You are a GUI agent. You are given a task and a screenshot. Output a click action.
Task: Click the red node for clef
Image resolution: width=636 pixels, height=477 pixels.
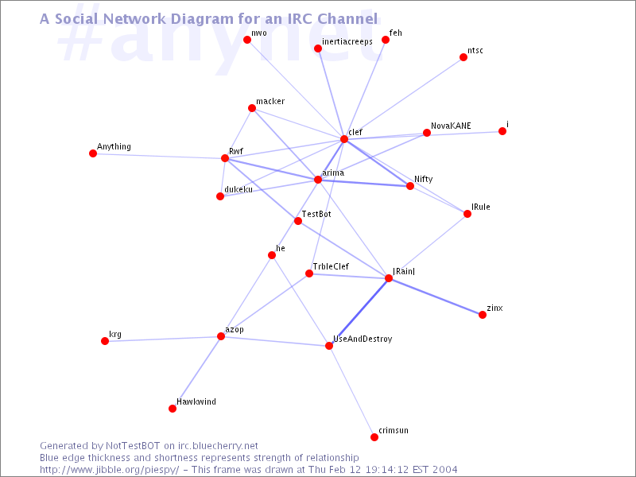tap(344, 139)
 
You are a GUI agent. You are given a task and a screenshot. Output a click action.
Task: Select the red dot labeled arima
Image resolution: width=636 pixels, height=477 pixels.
tap(317, 180)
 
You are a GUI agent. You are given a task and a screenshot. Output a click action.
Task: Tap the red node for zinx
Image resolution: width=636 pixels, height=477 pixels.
tap(483, 315)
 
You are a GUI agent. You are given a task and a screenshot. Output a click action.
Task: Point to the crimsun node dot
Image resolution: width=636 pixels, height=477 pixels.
tap(374, 437)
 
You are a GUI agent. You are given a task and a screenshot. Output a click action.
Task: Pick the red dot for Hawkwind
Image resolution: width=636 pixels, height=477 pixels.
tap(173, 409)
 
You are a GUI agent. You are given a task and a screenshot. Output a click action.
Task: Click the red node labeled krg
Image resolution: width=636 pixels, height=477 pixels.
tap(105, 341)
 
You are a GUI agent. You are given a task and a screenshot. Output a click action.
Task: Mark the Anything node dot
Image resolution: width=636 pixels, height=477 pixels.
tap(93, 153)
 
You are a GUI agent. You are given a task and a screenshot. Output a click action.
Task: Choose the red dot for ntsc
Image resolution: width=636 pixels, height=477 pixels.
tap(463, 57)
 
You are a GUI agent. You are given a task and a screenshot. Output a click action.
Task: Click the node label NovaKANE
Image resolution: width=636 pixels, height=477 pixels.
tap(451, 126)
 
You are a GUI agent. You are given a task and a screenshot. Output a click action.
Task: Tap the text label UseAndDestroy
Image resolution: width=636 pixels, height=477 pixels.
tap(363, 339)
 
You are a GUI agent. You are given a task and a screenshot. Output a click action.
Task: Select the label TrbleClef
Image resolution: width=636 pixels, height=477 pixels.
tap(331, 266)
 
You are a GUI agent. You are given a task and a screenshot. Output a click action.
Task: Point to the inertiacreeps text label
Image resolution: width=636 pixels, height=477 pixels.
tap(347, 42)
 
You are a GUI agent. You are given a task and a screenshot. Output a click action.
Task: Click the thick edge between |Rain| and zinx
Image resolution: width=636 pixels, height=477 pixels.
tap(436, 297)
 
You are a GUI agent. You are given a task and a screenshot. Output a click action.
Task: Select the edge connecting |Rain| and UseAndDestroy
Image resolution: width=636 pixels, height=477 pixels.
tap(359, 312)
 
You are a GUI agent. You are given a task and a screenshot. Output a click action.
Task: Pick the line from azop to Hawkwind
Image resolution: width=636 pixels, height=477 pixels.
tap(196, 372)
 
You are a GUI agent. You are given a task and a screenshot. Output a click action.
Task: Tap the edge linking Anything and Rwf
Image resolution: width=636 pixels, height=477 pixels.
tap(159, 156)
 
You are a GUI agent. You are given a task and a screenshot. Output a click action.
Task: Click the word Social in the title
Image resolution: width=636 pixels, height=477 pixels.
tap(76, 18)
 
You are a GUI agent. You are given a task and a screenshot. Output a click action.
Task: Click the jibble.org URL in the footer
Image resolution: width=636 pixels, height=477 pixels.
tap(110, 470)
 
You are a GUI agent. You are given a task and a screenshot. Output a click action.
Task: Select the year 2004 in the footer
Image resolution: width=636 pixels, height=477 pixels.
tap(444, 470)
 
